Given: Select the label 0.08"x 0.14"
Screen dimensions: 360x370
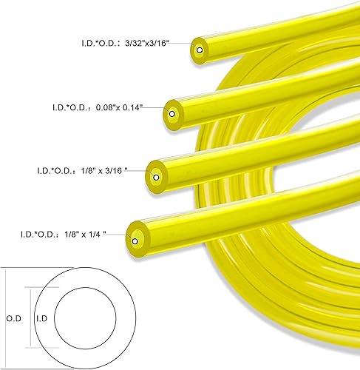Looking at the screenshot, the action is [119, 107].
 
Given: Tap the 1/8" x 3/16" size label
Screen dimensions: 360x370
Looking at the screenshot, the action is [104, 170].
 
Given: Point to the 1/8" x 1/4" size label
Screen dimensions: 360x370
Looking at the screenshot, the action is [85, 234].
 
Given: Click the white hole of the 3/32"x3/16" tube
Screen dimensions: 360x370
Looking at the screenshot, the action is [200, 50].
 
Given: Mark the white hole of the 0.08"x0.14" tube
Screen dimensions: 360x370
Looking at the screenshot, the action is [172, 114].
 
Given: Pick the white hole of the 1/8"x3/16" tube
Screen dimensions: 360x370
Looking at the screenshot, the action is [156, 178].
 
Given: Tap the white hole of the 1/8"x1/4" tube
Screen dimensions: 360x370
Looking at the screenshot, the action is [135, 241].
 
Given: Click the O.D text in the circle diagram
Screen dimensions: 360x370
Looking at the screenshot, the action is [14, 318].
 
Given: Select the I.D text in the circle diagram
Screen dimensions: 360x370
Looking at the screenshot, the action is [41, 318].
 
